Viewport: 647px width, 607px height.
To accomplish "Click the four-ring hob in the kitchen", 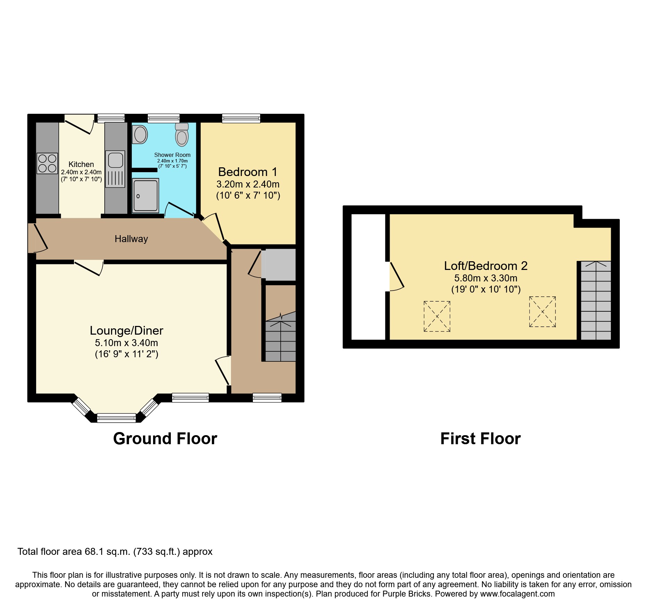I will click(47, 163).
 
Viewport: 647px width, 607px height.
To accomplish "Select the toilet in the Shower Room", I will click(182, 136).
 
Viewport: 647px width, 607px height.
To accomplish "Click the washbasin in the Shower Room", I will click(140, 134).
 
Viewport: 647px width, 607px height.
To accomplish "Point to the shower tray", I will click(145, 195).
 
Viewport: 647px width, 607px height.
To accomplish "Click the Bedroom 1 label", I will click(248, 172).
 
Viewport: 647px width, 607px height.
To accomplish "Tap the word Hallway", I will click(131, 239).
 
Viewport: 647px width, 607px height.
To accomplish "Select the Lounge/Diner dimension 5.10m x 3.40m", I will click(126, 343).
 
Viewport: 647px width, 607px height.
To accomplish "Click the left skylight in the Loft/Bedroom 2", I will click(437, 316).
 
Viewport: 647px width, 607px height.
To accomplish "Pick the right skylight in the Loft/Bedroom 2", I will click(542, 312).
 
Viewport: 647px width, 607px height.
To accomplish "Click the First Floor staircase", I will click(596, 301).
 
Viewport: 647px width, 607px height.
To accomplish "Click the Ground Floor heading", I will click(165, 439).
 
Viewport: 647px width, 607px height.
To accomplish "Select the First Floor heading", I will click(480, 439).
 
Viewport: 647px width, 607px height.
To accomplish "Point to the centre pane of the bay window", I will click(116, 417).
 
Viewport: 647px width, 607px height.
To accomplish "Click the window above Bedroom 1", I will click(241, 119).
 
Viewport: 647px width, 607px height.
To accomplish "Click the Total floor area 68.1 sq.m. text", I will click(115, 552).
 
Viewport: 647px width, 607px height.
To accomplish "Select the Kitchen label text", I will click(81, 164).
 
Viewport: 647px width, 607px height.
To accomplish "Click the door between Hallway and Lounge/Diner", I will click(89, 267).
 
